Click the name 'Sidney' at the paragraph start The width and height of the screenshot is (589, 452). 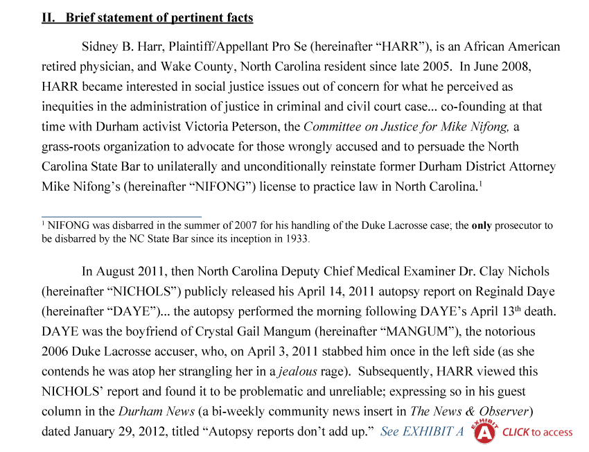(101, 48)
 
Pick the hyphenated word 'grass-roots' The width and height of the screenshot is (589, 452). (71, 148)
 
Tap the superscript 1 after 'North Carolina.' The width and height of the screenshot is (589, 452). (480, 184)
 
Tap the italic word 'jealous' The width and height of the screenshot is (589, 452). (298, 372)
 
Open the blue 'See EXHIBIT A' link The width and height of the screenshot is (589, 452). (421, 432)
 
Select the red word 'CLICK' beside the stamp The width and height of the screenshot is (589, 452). (516, 433)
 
